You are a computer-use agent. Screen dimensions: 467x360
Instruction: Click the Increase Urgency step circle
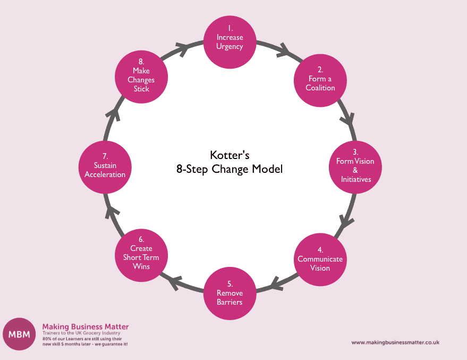click(230, 42)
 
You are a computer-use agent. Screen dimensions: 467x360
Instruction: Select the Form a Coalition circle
click(320, 80)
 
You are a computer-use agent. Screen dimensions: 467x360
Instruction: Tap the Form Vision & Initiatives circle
click(355, 167)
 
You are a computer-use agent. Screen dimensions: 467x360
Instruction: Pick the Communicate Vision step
click(320, 259)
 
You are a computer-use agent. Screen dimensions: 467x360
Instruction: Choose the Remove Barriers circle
click(230, 294)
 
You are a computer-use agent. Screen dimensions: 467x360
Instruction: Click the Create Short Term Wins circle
click(141, 255)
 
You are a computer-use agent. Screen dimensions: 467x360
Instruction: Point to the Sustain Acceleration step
click(105, 167)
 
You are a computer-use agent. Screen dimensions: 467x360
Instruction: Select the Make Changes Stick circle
click(141, 77)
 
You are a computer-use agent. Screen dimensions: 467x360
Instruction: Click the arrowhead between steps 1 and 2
click(284, 50)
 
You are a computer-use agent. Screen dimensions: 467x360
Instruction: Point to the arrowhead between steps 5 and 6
click(175, 282)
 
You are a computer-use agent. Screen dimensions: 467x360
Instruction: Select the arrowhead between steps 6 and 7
click(112, 212)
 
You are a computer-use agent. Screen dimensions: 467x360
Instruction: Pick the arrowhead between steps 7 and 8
click(114, 114)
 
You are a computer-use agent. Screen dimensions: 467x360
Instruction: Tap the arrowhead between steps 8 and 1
click(182, 49)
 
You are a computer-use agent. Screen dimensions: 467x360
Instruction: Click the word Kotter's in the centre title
click(230, 155)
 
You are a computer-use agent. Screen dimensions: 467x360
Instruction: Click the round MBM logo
click(19, 334)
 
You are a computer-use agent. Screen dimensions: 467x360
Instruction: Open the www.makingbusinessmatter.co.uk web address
click(395, 342)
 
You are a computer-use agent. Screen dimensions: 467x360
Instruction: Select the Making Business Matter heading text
click(86, 326)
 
